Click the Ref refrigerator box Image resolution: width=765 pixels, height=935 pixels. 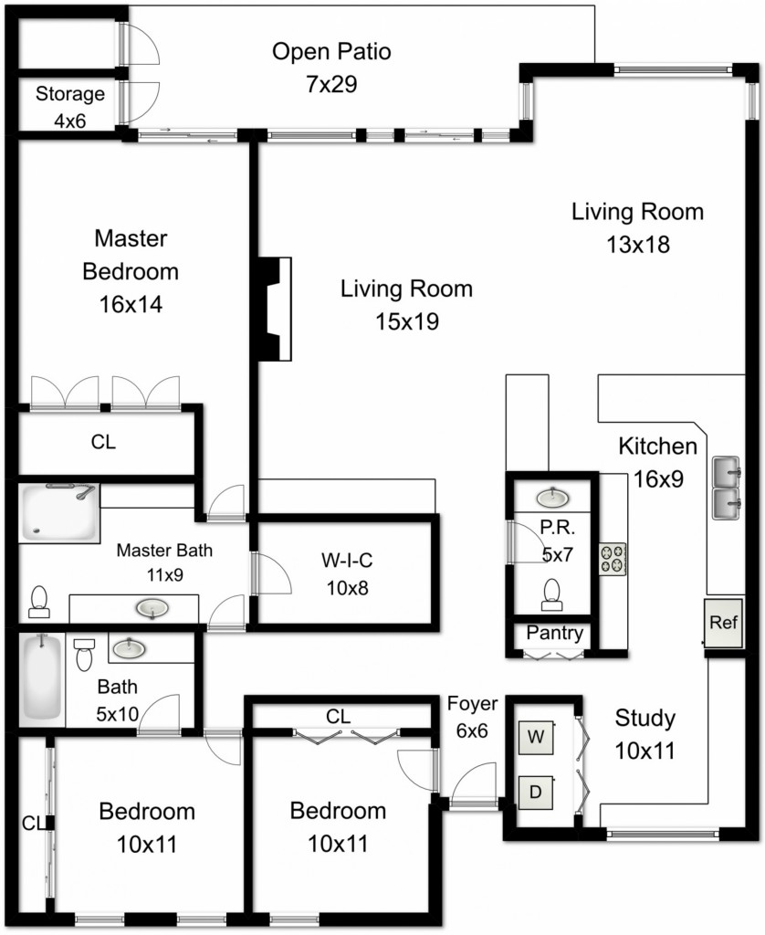724,623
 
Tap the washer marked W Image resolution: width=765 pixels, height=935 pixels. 536,738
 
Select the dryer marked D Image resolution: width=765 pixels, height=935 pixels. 536,792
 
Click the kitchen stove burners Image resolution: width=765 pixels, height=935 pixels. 613,559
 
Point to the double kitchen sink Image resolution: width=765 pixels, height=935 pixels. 727,489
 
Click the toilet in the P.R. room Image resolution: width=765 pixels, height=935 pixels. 551,594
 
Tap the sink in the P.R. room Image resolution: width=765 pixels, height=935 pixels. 552,497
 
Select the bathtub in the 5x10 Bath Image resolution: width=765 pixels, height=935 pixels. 42,679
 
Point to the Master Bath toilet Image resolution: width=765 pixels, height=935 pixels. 38,602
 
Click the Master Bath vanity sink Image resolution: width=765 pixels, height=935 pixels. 152,609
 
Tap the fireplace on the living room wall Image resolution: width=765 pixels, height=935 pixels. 275,309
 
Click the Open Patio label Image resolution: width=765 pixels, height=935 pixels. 331,51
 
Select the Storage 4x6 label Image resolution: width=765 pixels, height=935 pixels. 69,108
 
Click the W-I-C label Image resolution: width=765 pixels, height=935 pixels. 347,561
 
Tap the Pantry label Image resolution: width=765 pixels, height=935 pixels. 554,634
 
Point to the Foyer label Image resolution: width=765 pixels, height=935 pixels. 472,704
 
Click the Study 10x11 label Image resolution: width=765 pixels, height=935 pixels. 645,735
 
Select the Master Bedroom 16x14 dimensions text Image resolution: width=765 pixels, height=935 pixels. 131,305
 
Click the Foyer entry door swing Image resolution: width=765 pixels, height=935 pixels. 474,783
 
